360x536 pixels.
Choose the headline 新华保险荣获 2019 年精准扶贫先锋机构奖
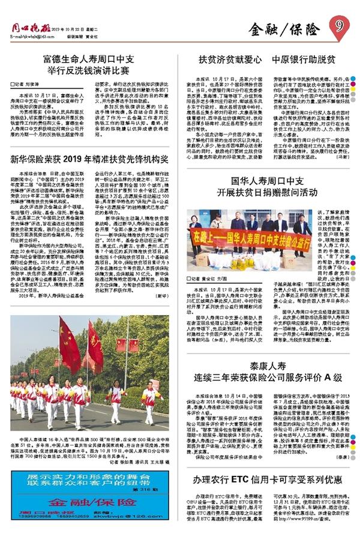pyautogui.click(x=92, y=160)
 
